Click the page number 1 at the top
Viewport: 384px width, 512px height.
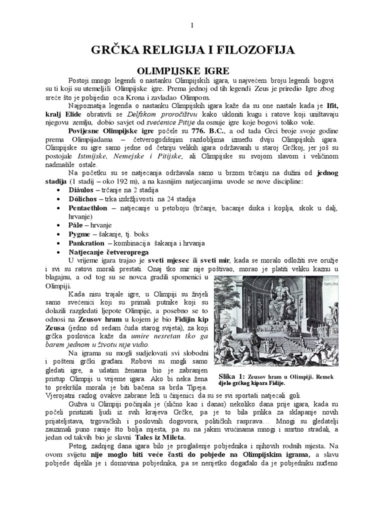tap(192, 25)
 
